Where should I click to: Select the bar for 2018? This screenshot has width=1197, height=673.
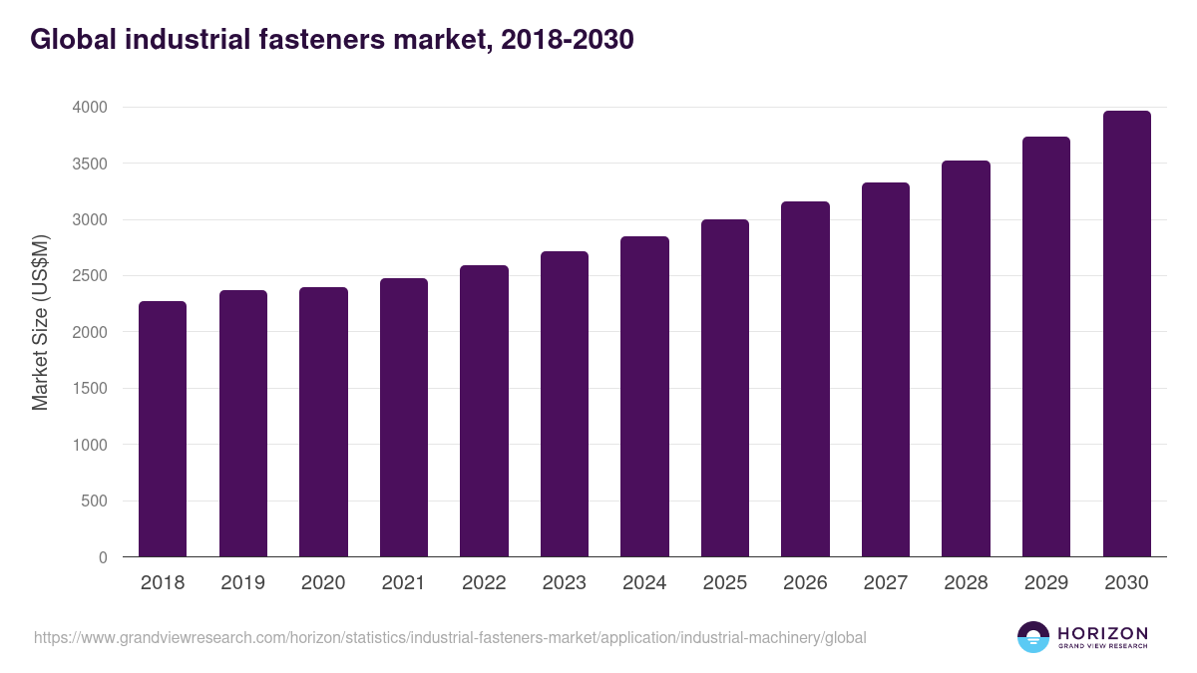(163, 429)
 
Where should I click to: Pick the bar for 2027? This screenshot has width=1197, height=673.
(886, 369)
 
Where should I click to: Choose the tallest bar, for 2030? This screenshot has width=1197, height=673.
(1126, 333)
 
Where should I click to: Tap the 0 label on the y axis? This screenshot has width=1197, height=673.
(103, 557)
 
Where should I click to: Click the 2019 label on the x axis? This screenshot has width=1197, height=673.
(243, 583)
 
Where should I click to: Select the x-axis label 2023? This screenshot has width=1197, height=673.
(565, 583)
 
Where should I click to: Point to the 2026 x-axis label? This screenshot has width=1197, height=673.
(805, 583)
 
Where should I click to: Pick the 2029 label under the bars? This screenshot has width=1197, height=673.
(1046, 583)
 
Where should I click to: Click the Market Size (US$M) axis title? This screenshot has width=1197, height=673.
(41, 321)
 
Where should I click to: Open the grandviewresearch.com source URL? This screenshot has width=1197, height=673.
(450, 637)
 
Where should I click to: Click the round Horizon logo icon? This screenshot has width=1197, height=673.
(1033, 637)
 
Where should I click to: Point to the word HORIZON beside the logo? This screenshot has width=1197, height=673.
(1102, 633)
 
